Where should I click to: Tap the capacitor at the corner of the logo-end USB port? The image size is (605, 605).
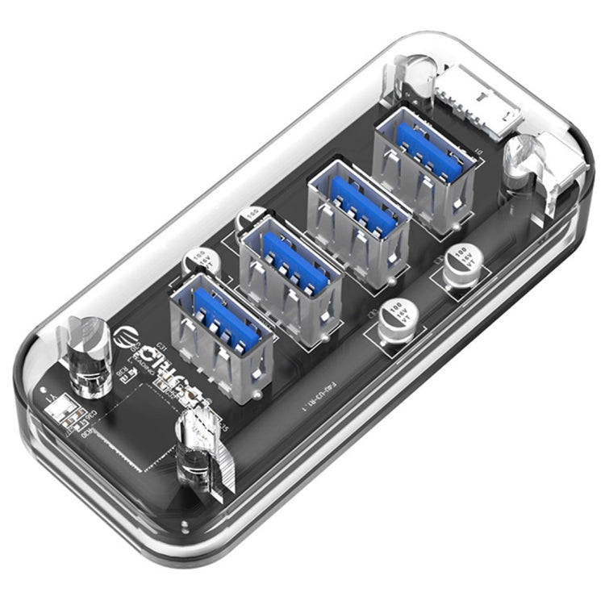(x=198, y=262)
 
